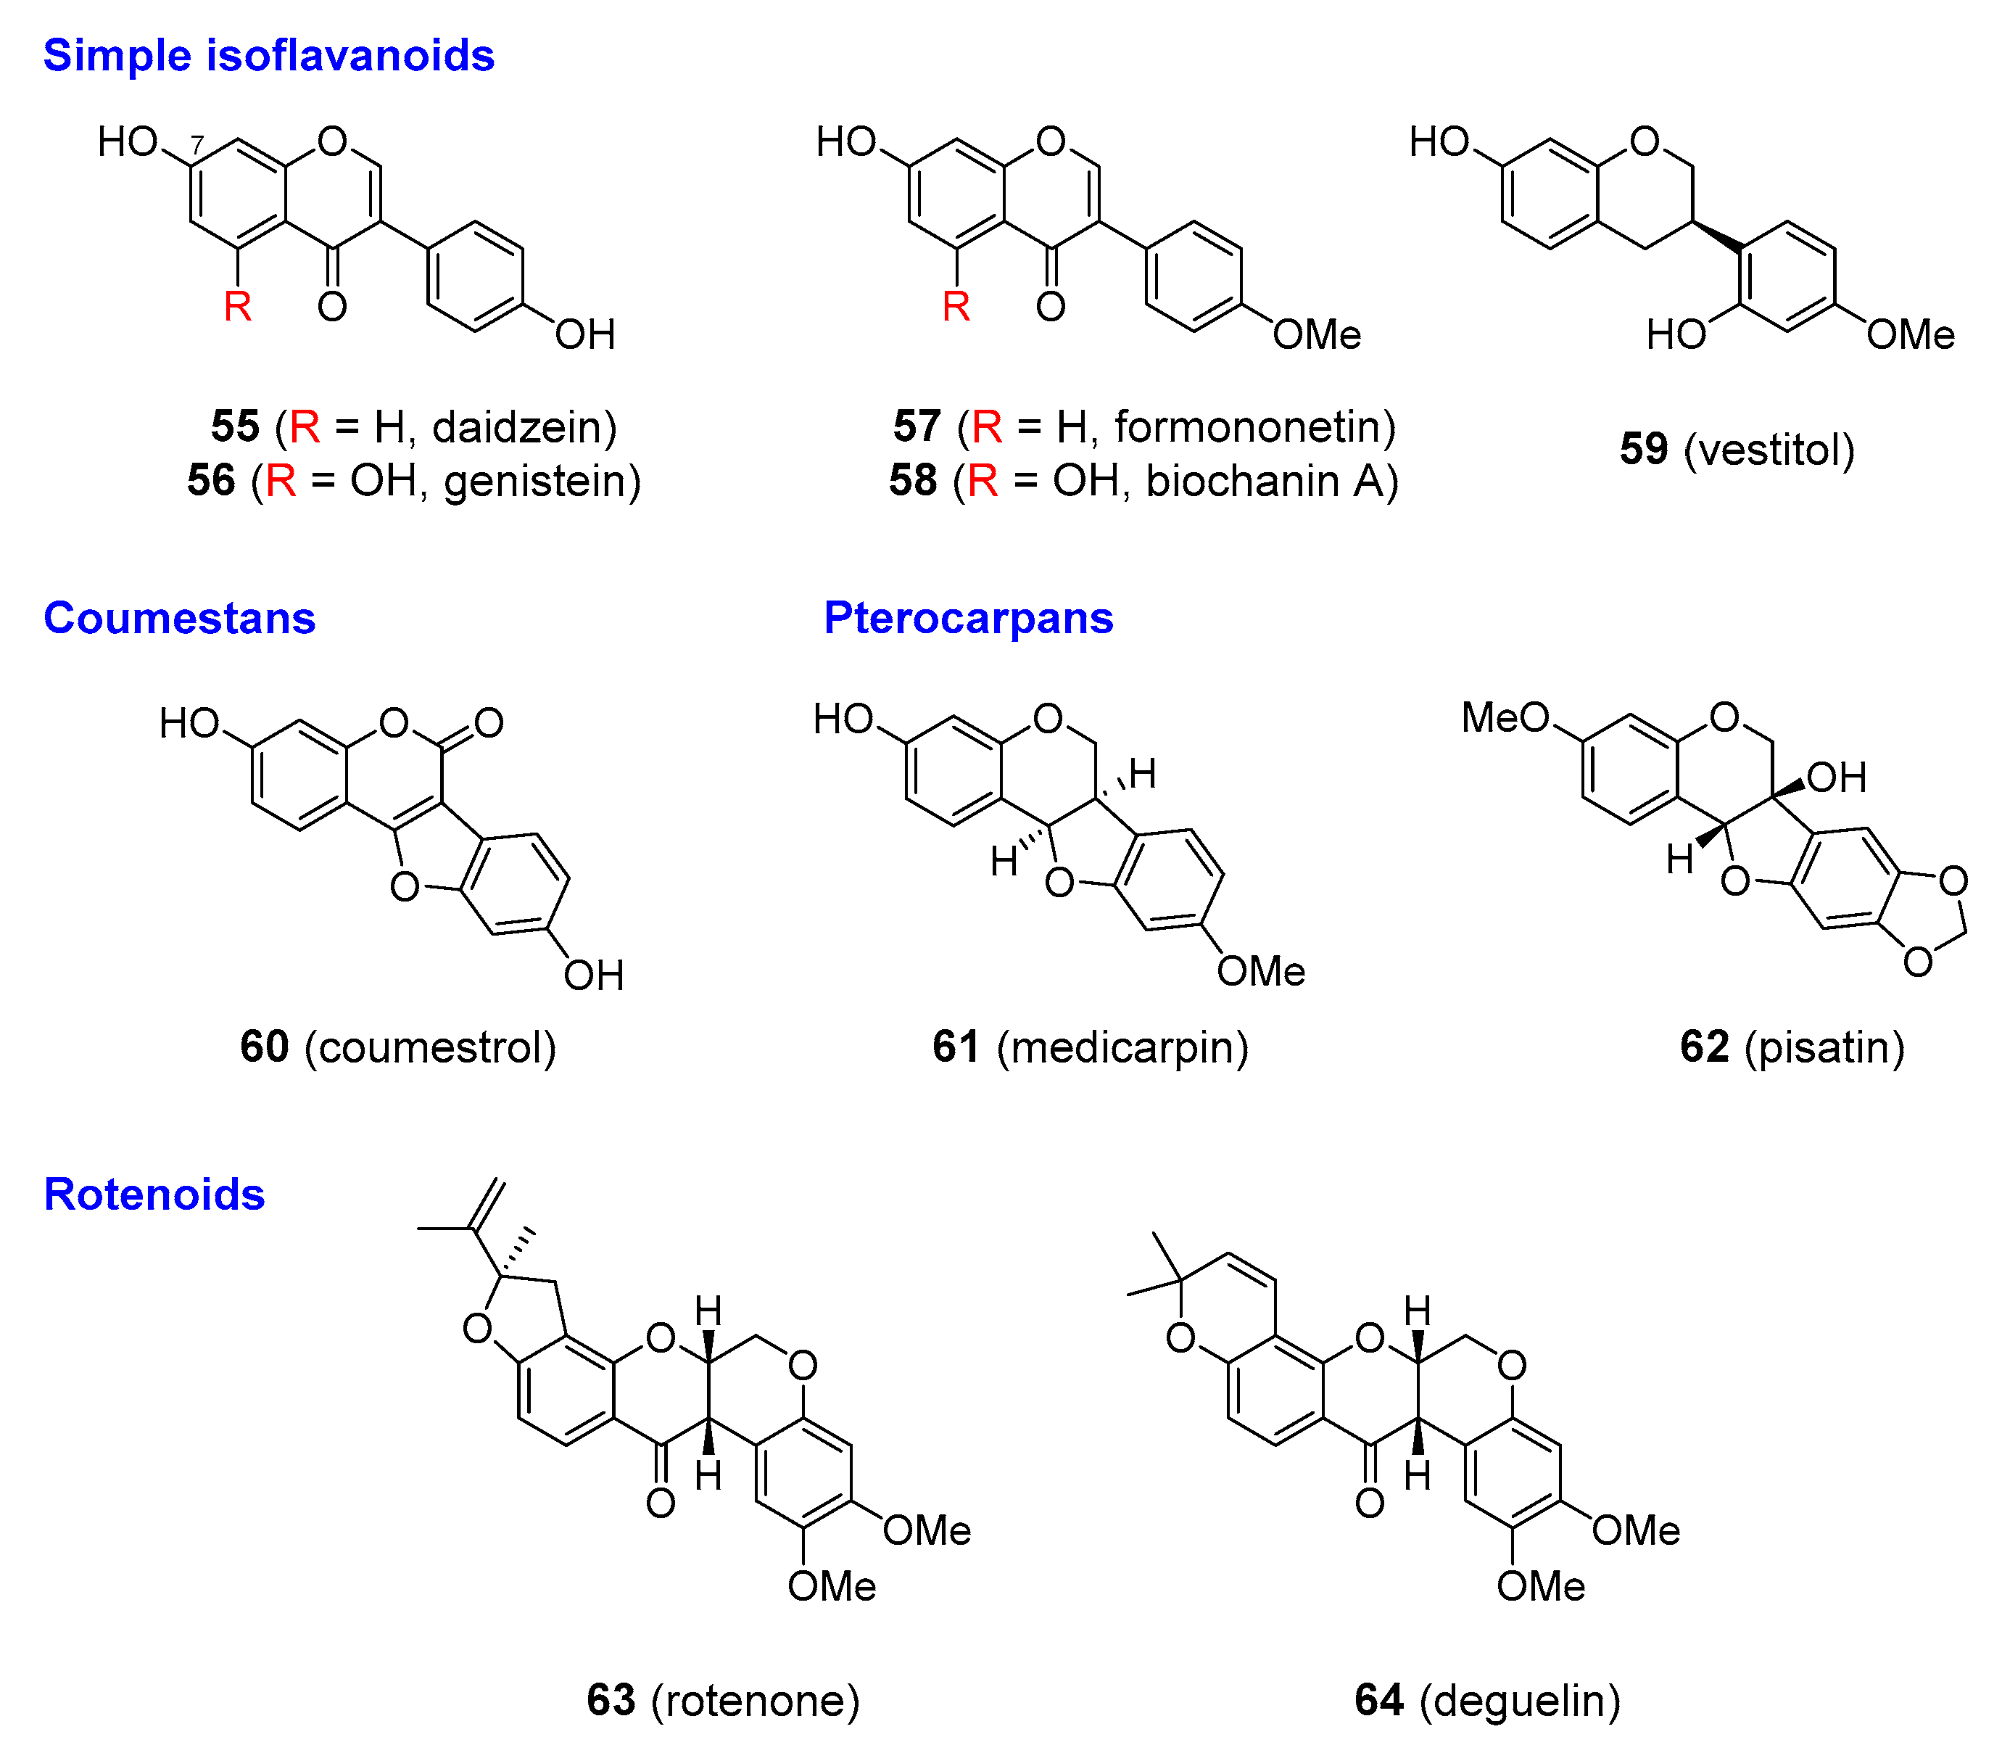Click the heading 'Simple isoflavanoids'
269,56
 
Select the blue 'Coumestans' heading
179,619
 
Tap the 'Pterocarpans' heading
968,619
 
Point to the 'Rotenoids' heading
154,1194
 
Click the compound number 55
236,426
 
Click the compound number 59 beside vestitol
1644,449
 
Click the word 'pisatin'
1824,1047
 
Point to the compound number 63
611,1700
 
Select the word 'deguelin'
1519,1700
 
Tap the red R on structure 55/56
238,307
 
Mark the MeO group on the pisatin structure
1505,718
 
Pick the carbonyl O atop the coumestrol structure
489,722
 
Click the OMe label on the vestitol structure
1911,335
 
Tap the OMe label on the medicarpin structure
1261,971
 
